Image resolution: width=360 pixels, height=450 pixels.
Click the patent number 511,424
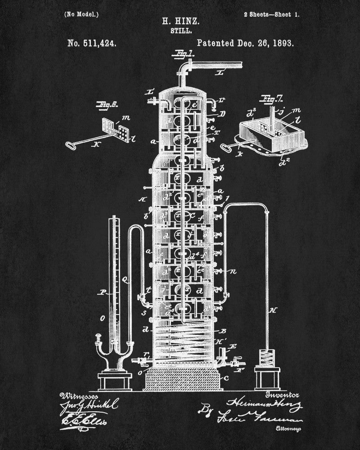click(x=92, y=44)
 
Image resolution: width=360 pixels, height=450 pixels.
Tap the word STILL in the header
click(x=180, y=31)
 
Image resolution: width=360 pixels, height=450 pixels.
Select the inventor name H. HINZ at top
click(x=180, y=21)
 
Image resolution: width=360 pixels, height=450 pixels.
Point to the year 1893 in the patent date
click(x=281, y=44)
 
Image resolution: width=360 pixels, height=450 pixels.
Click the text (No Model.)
click(x=81, y=14)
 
